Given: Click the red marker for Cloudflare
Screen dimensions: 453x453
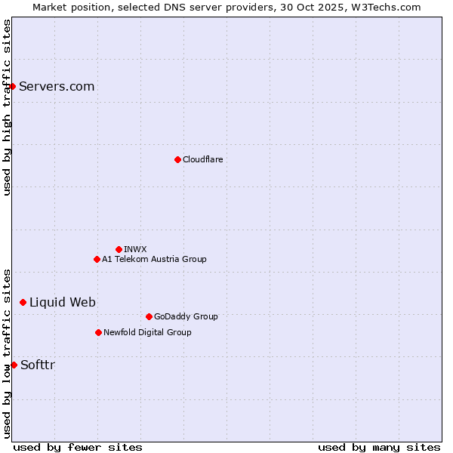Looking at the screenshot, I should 177,159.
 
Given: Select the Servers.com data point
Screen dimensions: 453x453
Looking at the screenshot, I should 12,86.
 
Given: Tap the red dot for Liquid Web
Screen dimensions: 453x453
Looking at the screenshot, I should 23,302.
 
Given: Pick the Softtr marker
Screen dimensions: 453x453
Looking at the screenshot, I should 14,365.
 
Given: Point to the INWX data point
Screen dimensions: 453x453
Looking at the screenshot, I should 119,249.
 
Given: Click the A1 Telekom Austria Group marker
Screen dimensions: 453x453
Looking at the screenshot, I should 97,259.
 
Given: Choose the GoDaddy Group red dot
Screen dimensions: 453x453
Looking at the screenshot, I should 149,316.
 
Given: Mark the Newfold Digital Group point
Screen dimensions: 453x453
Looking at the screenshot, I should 98,332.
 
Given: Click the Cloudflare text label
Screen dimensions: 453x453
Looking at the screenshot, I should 203,159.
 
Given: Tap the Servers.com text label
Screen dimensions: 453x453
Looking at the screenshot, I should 57,86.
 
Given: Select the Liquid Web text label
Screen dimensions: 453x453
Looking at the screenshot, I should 63,302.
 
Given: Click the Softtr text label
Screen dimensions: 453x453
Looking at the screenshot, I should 38,365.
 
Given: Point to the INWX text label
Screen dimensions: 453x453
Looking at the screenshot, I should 136,249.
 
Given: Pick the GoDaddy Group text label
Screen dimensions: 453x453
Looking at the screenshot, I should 186,316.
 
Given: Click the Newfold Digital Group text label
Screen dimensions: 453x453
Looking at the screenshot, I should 147,332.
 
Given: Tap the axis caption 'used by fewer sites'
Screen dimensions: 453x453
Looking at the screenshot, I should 78,447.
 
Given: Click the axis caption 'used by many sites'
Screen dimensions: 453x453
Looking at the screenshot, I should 379,447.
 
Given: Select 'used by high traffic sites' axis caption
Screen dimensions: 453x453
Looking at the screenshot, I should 7,107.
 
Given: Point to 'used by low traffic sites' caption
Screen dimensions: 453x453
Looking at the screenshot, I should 7,353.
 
